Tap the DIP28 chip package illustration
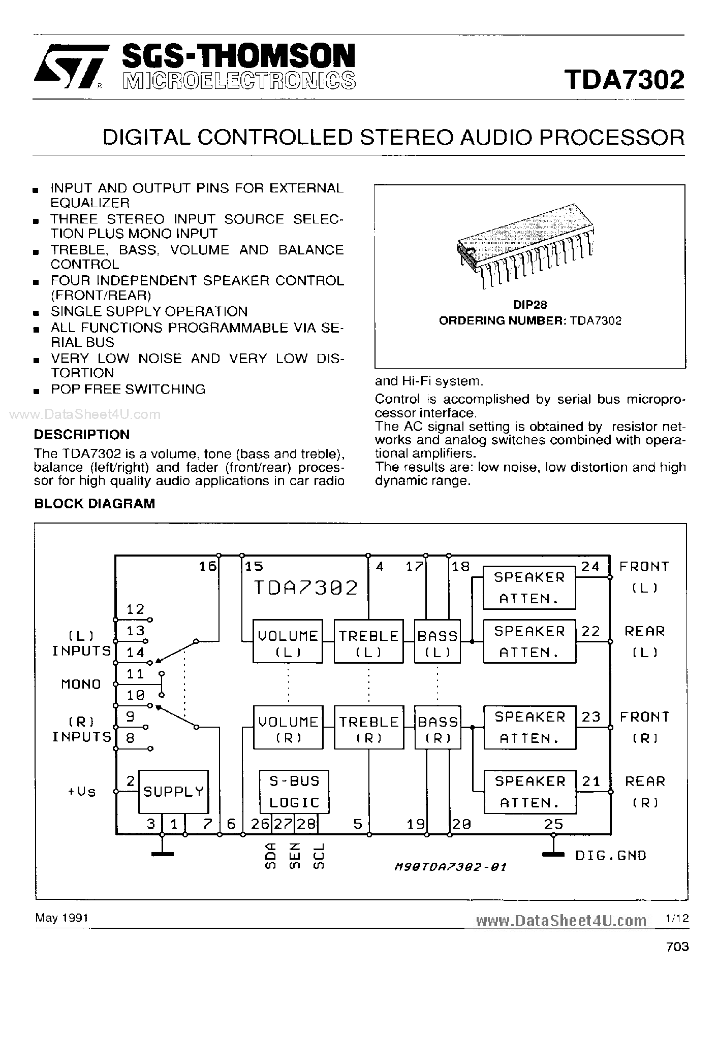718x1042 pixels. [x=526, y=244]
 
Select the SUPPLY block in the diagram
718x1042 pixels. [x=173, y=791]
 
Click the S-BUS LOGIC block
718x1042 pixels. [x=294, y=791]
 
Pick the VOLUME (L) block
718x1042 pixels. [x=288, y=641]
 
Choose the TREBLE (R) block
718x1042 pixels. [x=368, y=727]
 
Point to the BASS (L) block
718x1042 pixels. [x=438, y=641]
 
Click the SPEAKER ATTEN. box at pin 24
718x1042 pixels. [x=529, y=587]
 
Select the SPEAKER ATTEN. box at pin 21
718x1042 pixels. [x=529, y=791]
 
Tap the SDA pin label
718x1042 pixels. [x=271, y=856]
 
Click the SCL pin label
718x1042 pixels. [x=319, y=856]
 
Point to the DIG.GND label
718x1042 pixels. [x=610, y=856]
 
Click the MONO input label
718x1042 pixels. [x=81, y=684]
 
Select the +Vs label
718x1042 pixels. [x=81, y=792]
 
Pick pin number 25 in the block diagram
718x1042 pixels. [x=553, y=824]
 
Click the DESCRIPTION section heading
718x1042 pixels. [x=82, y=434]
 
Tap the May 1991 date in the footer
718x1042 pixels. [x=61, y=918]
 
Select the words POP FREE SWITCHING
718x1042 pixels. [x=128, y=389]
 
